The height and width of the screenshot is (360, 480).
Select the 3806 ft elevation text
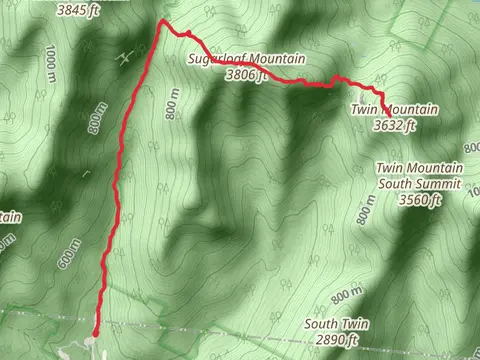(x=248, y=74)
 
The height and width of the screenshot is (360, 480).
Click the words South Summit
(x=419, y=184)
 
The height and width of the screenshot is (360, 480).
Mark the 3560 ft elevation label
(x=420, y=200)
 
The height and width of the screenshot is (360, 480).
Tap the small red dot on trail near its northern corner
(x=186, y=33)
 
